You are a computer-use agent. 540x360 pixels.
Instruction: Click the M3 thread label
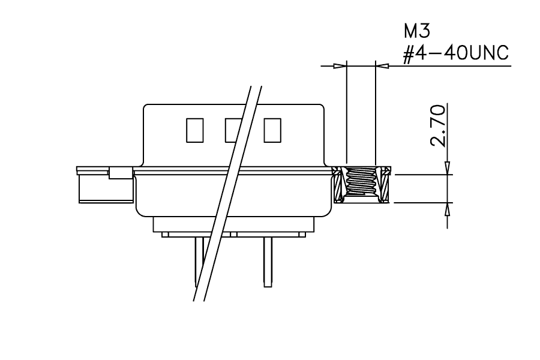click(x=417, y=31)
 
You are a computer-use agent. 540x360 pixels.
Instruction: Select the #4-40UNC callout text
click(x=456, y=54)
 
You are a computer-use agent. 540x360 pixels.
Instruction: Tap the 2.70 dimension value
click(x=439, y=126)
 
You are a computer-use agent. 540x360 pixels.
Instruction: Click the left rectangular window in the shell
click(x=195, y=130)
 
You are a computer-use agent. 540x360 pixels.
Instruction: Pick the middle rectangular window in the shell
click(x=233, y=130)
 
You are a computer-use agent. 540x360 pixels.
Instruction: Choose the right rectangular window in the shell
click(x=272, y=130)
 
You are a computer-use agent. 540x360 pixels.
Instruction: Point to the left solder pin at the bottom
click(x=199, y=262)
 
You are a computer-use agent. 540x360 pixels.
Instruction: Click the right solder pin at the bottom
click(x=268, y=262)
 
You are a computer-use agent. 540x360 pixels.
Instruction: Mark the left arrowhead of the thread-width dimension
click(x=340, y=65)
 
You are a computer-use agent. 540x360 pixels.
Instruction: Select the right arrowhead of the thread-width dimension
click(x=382, y=65)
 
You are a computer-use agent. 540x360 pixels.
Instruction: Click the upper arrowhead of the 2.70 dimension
click(x=448, y=168)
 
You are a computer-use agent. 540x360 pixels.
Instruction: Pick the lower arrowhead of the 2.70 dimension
click(x=448, y=209)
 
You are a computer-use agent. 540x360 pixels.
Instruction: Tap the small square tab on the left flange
click(x=121, y=173)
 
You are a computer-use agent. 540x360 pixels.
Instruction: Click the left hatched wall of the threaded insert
click(x=339, y=184)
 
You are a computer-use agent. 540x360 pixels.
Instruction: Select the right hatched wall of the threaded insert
click(x=384, y=184)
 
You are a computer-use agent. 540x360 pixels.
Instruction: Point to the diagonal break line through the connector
click(x=227, y=194)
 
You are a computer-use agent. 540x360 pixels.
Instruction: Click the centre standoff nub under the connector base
click(x=233, y=235)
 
